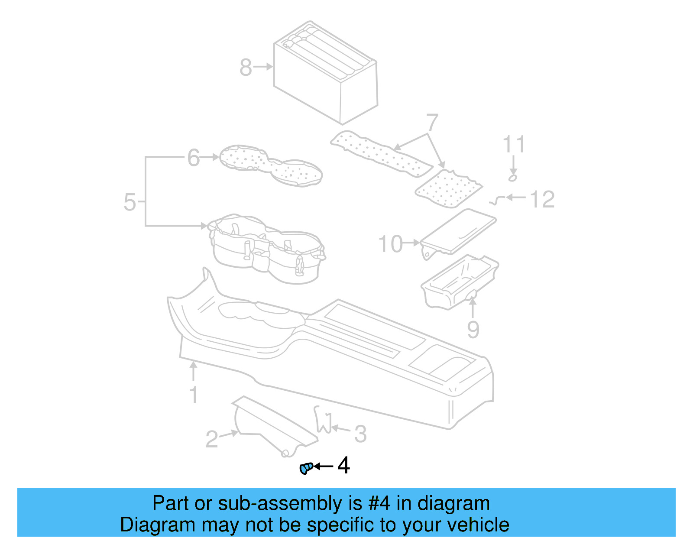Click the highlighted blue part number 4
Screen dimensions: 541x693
(x=306, y=468)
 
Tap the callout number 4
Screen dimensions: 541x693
(x=343, y=466)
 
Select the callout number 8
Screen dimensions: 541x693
(x=246, y=68)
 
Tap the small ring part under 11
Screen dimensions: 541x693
(x=513, y=178)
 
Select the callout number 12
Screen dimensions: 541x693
(x=542, y=199)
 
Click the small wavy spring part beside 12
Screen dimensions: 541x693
(x=497, y=200)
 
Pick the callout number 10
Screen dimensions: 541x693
(x=391, y=244)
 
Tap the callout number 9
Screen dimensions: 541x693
(x=473, y=330)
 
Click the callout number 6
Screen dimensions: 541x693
(x=194, y=158)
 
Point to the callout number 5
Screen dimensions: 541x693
(x=130, y=202)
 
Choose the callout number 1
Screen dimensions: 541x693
(x=194, y=395)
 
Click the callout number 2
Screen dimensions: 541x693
(x=211, y=439)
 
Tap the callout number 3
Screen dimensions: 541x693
(x=360, y=434)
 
